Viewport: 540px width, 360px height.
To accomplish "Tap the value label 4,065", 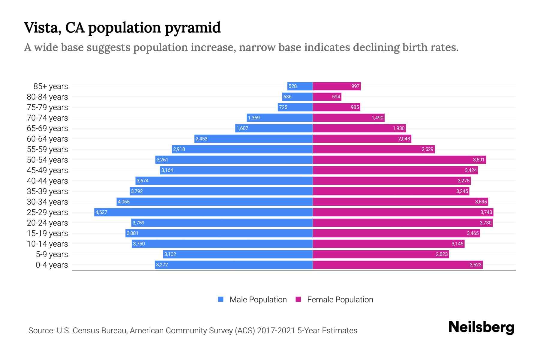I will (x=124, y=202).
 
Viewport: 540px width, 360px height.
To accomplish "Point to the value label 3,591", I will (x=478, y=160).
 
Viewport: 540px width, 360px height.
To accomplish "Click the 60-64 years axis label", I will (x=47, y=139).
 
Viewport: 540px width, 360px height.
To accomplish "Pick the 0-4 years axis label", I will (x=52, y=265).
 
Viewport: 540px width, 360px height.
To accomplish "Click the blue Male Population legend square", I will (x=221, y=299).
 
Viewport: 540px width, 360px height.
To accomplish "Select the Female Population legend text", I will (x=340, y=300).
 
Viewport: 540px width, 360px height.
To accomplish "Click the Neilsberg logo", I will (x=481, y=327).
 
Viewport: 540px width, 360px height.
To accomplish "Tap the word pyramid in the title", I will (x=193, y=28).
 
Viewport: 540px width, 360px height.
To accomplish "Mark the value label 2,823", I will (x=442, y=254).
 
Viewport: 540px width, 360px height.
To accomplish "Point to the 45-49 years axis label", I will (x=47, y=170).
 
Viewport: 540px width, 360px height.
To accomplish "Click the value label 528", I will (x=292, y=86).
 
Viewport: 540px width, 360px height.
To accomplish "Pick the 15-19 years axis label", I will (x=47, y=233).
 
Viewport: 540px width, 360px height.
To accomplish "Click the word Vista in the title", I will (x=41, y=28).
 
